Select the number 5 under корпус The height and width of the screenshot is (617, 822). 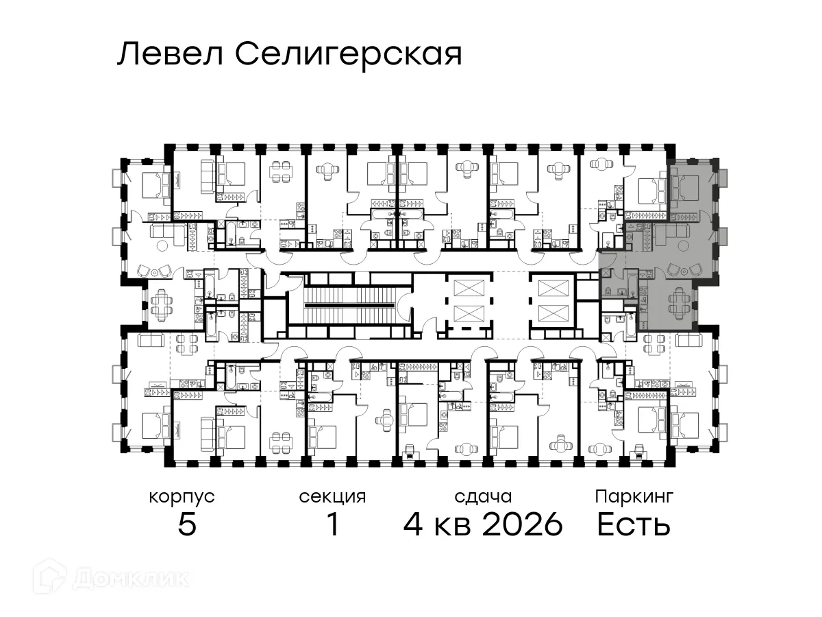187,525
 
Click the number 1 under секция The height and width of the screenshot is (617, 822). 332,525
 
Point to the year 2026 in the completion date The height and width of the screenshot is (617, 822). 522,525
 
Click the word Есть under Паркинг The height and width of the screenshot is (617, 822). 633,525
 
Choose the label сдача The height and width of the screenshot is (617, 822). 483,496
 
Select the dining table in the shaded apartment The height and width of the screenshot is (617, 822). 677,300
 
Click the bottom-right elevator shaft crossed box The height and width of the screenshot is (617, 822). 553,314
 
